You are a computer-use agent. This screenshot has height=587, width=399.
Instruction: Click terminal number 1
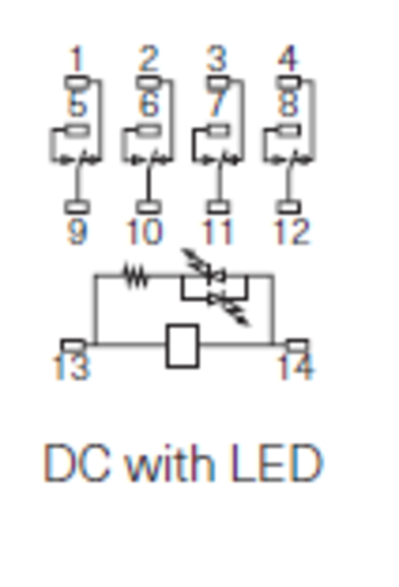(77, 59)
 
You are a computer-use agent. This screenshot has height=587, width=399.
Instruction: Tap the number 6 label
(148, 105)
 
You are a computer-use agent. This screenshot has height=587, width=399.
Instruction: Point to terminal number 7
(217, 105)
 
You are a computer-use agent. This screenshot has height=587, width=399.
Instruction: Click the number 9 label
(77, 232)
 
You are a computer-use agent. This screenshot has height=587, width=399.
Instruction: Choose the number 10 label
(144, 232)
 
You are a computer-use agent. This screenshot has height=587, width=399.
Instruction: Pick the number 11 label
(217, 232)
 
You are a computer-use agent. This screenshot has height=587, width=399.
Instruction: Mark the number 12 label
(291, 232)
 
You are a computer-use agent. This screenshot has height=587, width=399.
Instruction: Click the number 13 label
(71, 368)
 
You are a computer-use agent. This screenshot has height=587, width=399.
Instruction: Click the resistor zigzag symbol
(136, 275)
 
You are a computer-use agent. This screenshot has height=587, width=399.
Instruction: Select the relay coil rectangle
(182, 346)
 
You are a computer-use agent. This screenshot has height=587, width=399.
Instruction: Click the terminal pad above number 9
(77, 207)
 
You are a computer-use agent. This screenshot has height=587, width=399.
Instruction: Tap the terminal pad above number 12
(288, 207)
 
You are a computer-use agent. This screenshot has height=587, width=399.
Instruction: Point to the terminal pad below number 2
(148, 83)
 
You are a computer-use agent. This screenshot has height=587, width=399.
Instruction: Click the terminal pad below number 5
(77, 130)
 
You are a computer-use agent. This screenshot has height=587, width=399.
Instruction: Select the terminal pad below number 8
(288, 130)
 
